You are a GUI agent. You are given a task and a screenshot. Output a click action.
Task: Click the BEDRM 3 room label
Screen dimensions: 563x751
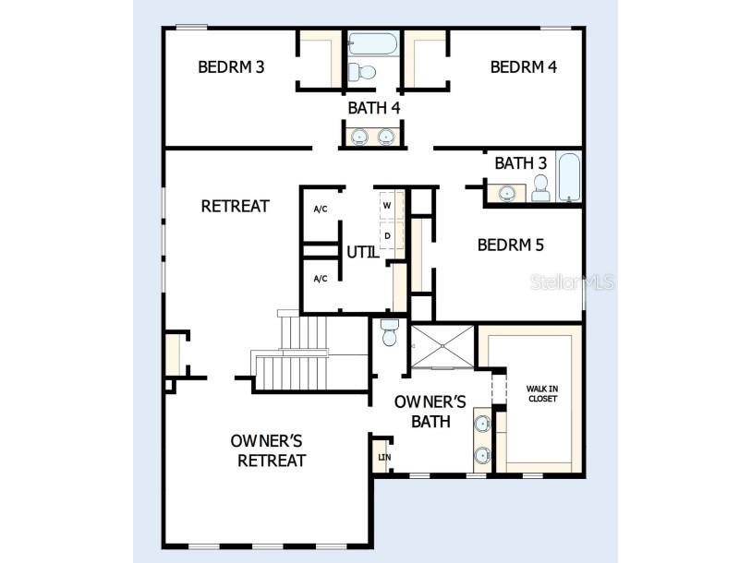pos(232,67)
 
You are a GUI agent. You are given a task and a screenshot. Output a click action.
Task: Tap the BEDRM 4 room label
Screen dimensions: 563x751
pos(524,67)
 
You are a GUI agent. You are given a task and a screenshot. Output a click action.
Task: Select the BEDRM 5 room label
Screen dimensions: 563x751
pos(511,246)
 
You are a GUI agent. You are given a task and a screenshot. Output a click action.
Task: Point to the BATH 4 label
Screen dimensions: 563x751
pos(373,108)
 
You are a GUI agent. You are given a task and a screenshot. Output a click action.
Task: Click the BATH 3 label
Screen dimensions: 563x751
pos(521,163)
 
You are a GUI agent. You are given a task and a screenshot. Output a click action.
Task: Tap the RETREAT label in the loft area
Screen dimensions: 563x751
pos(235,206)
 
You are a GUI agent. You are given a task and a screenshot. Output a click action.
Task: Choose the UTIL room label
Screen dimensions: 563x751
pos(363,251)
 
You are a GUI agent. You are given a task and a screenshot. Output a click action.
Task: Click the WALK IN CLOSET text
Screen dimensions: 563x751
pos(542,393)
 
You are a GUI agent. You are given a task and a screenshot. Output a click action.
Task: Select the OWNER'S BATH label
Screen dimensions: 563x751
pos(430,412)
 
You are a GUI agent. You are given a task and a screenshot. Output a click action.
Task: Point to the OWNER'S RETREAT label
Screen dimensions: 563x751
pos(267,450)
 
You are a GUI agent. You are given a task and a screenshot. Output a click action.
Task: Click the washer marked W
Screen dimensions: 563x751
pos(388,204)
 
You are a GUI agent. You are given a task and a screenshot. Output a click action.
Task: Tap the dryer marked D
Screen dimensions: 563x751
pos(388,235)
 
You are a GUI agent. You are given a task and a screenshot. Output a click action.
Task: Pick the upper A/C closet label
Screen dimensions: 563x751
pos(321,210)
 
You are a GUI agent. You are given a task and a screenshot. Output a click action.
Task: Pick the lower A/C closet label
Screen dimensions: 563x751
pos(321,279)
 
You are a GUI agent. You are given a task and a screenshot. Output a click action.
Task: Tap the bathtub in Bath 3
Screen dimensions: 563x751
pos(568,176)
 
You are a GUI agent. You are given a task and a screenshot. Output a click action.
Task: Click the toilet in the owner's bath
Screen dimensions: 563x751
pos(389,333)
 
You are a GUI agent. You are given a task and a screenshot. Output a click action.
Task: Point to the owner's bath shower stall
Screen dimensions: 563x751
pos(442,346)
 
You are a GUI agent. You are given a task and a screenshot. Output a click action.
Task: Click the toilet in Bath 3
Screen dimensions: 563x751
pos(540,188)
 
